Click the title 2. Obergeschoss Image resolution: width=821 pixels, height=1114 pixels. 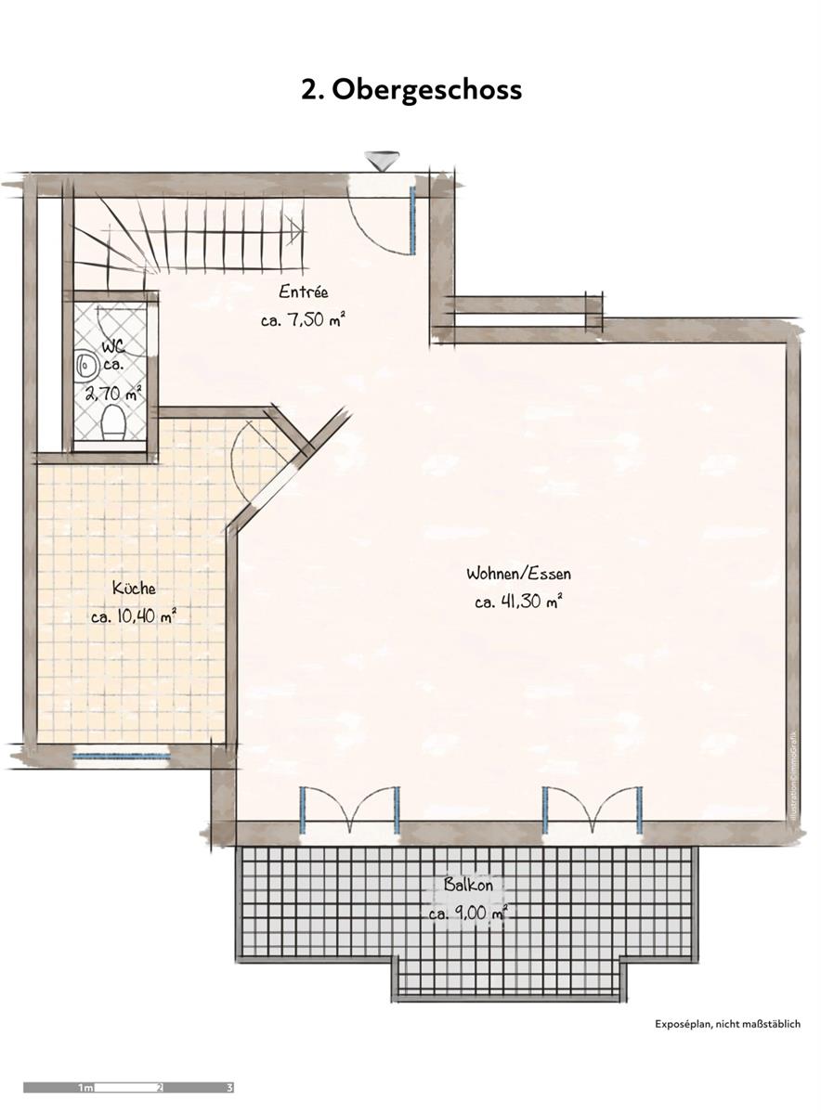pyautogui.click(x=410, y=90)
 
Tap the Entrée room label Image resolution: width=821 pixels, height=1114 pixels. pyautogui.click(x=304, y=292)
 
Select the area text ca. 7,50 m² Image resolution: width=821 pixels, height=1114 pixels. pyautogui.click(x=304, y=320)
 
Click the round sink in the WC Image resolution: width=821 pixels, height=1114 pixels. pyautogui.click(x=85, y=364)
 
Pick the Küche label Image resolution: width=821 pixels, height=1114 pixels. pyautogui.click(x=134, y=588)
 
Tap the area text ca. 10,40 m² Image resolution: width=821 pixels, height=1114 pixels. pyautogui.click(x=134, y=615)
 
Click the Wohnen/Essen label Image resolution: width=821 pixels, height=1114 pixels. pyautogui.click(x=518, y=574)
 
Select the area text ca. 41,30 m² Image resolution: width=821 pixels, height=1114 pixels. pyautogui.click(x=518, y=602)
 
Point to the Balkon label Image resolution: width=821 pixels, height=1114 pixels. pyautogui.click(x=468, y=885)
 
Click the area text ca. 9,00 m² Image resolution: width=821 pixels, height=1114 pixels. pyautogui.click(x=468, y=913)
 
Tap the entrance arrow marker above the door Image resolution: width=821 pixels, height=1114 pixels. pyautogui.click(x=378, y=161)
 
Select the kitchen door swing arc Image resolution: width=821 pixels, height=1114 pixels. pyautogui.click(x=249, y=455)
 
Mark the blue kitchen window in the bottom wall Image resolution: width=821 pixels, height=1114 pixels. pyautogui.click(x=122, y=756)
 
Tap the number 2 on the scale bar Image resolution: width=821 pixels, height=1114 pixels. pyautogui.click(x=160, y=1087)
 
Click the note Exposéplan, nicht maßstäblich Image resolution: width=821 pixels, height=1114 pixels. pyautogui.click(x=727, y=1024)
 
